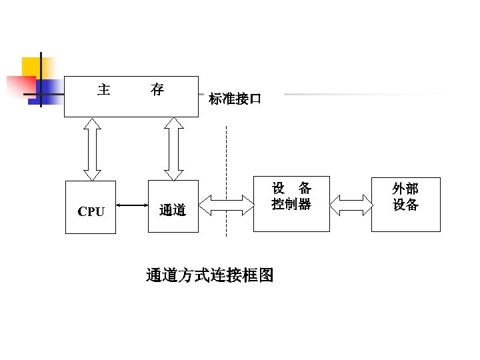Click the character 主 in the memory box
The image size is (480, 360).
pyautogui.click(x=104, y=89)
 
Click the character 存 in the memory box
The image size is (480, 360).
pyautogui.click(x=157, y=89)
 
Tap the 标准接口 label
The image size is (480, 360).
pyautogui.click(x=235, y=99)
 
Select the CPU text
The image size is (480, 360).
pyautogui.click(x=91, y=212)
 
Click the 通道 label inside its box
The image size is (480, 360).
pyautogui.click(x=173, y=211)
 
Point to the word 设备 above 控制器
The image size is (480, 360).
pyautogui.click(x=291, y=188)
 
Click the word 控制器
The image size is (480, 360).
pyautogui.click(x=291, y=204)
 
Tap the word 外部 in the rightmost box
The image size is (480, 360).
pyautogui.click(x=405, y=189)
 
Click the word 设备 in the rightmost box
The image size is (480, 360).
pyautogui.click(x=405, y=205)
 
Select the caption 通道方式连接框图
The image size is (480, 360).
pyautogui.click(x=209, y=275)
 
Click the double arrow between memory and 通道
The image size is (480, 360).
pyautogui.click(x=173, y=149)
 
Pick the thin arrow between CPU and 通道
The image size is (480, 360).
pyautogui.click(x=132, y=205)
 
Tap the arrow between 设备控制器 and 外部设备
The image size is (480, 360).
pyautogui.click(x=351, y=205)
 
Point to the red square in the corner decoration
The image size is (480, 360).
pyautogui.click(x=20, y=86)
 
